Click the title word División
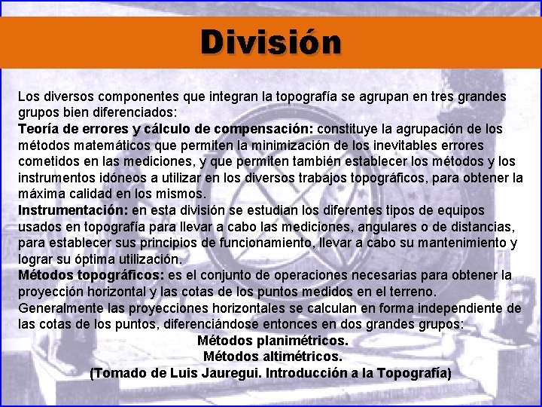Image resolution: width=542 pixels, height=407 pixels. [270, 42]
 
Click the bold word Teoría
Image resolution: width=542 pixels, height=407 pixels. [39, 129]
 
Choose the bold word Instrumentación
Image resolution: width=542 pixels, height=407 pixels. [73, 210]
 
